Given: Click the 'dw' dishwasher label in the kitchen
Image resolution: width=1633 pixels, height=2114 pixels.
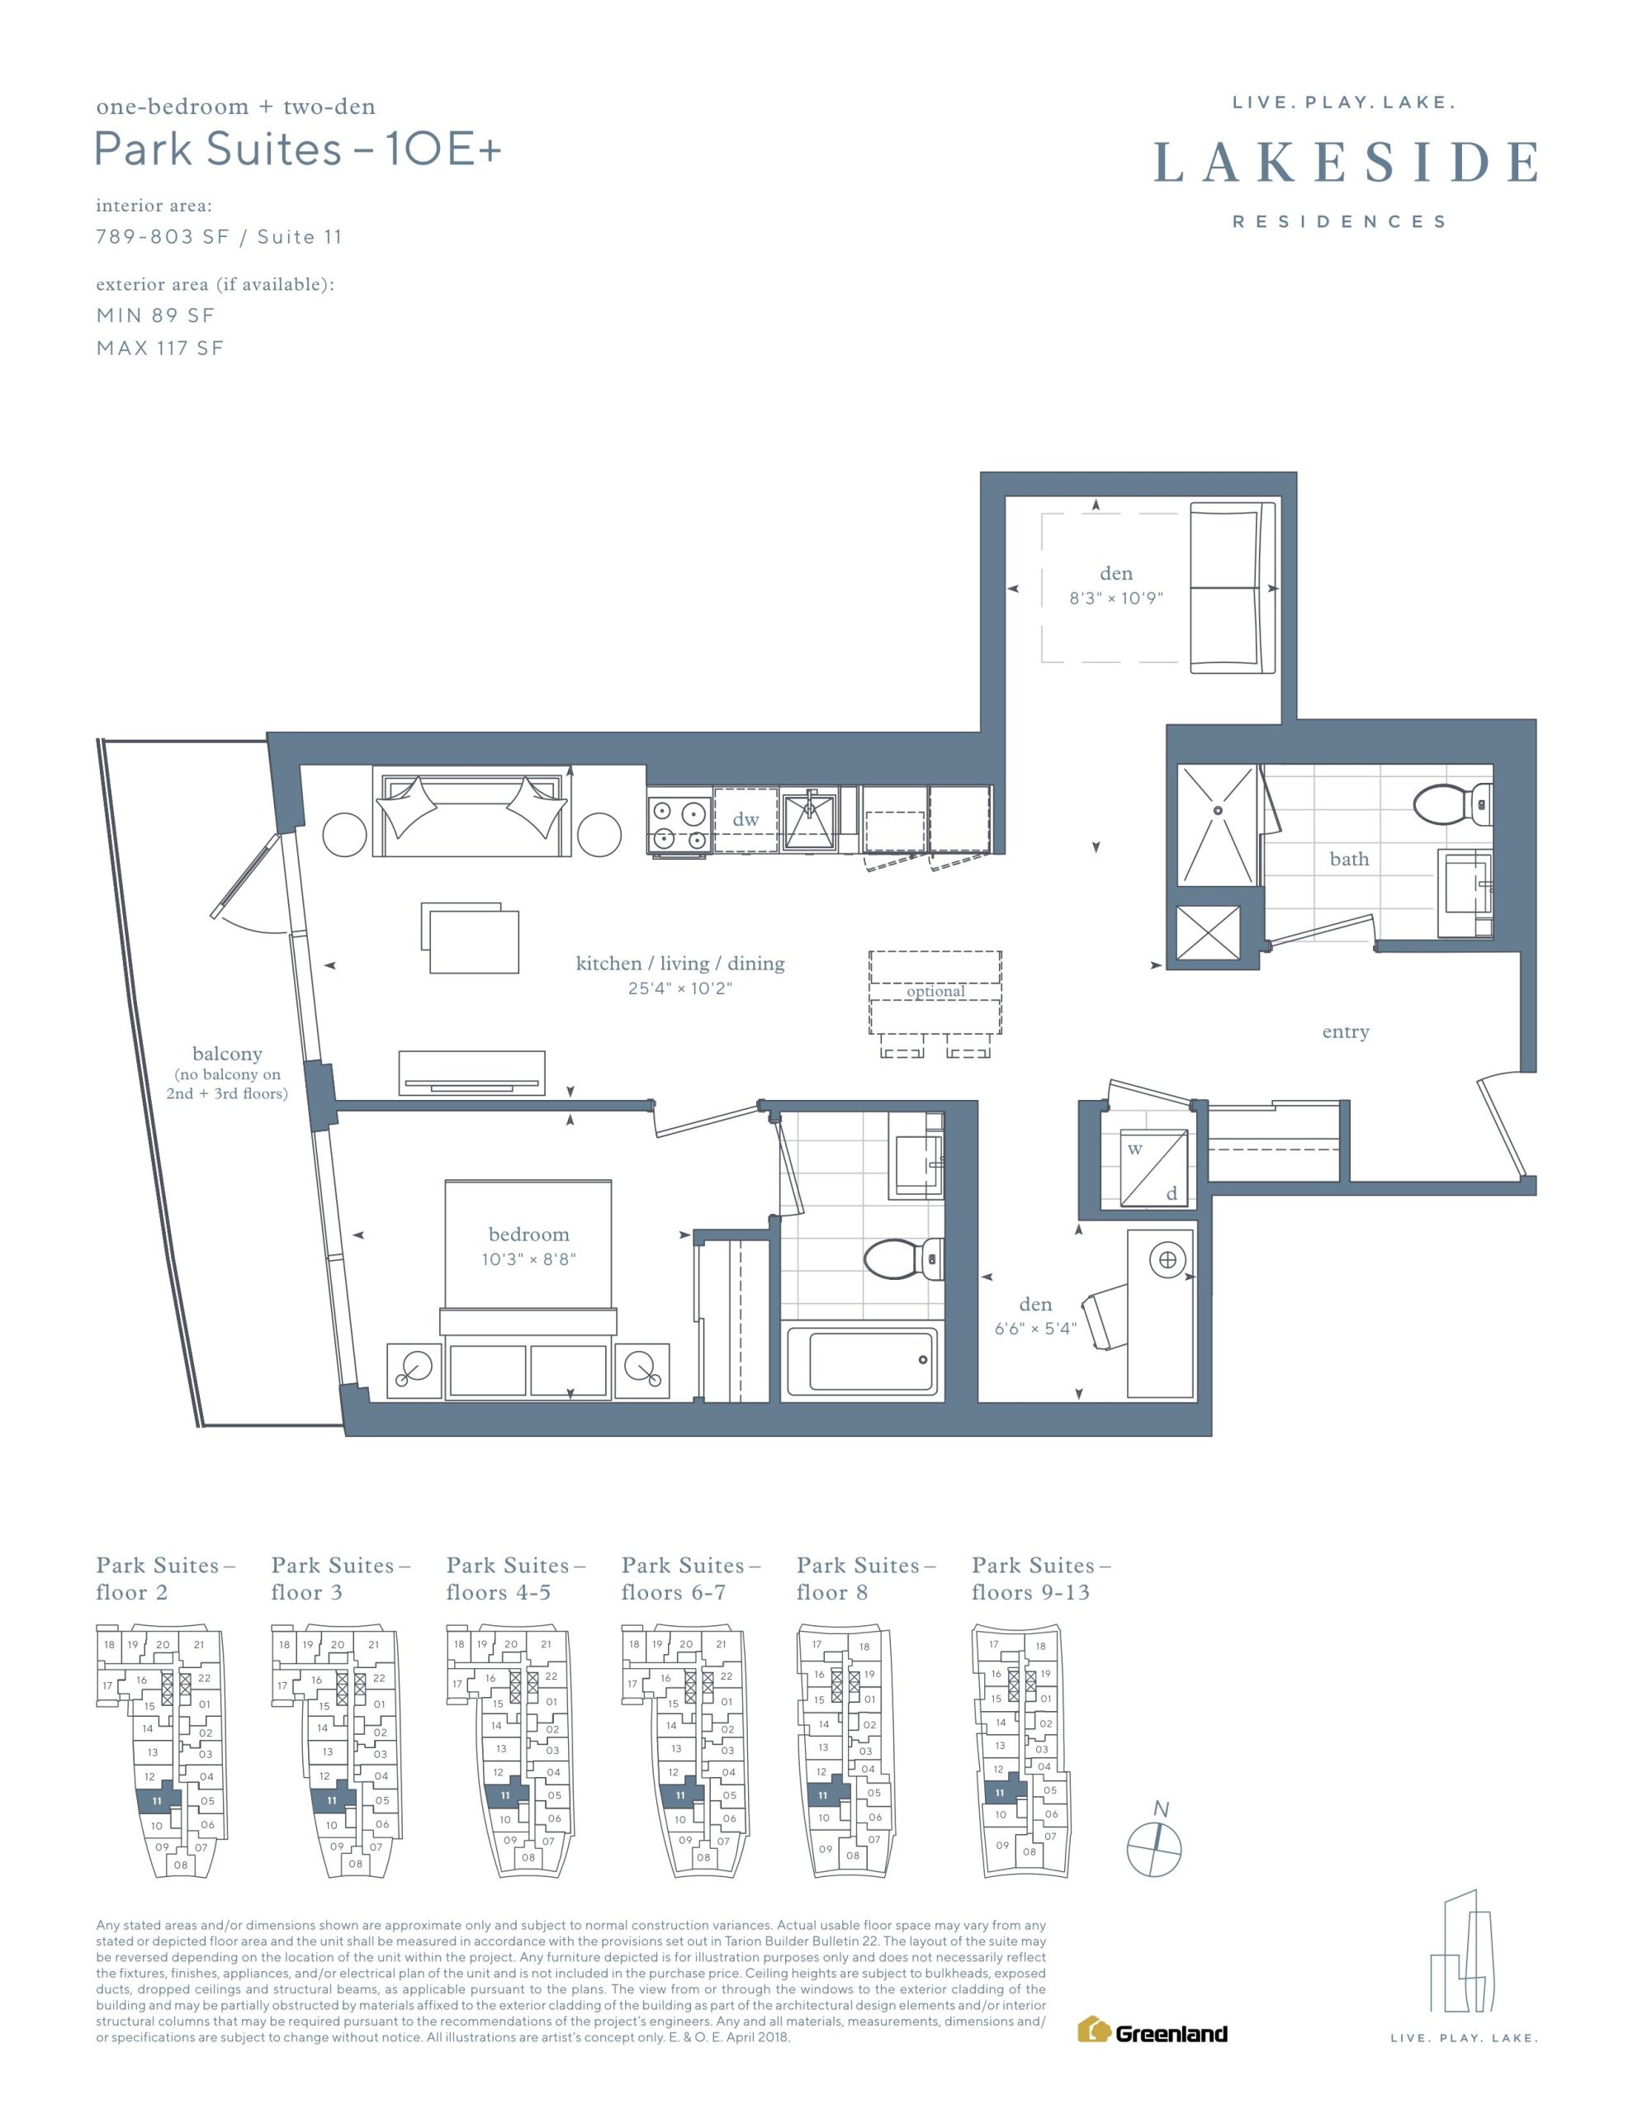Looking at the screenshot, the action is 745,819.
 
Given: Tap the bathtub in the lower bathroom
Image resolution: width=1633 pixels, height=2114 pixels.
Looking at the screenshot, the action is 863,1361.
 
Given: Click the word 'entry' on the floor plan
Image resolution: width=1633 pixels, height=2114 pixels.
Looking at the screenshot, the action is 1346,1032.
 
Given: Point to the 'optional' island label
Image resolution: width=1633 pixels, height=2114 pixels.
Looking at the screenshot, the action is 935,991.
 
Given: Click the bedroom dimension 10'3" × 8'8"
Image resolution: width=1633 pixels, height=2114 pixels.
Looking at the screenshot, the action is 528,1259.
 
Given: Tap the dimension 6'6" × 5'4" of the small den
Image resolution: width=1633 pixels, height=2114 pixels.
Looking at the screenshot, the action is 1034,1328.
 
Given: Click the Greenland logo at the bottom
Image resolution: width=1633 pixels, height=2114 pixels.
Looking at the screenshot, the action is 1152,2031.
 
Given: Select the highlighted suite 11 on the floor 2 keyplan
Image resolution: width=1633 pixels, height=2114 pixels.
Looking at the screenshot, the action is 158,1799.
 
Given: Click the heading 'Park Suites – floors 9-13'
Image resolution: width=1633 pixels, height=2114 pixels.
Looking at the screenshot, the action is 1040,1579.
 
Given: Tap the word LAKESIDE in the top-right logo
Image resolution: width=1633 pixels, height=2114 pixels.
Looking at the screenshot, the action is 1347,162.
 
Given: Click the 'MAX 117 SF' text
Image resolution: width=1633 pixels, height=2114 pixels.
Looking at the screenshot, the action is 159,348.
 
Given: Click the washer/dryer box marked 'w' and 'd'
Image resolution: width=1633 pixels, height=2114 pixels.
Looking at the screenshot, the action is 1154,1168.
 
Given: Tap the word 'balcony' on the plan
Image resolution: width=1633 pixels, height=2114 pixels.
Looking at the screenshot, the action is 228,1053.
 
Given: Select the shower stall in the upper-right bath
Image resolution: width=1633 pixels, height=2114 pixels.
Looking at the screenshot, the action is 1217,825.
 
